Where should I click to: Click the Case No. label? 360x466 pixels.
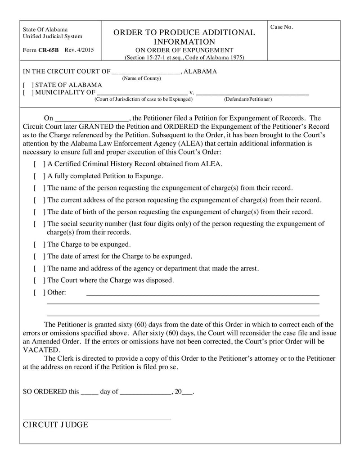tap(281, 27)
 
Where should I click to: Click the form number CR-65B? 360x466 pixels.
tap(48, 50)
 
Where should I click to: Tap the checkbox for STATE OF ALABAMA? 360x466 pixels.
tap(27, 85)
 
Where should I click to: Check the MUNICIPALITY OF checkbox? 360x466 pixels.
tap(27, 92)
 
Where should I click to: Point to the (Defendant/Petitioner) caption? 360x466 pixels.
tap(248, 99)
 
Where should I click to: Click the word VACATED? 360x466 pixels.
tap(41, 350)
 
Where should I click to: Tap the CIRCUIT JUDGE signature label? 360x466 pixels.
tap(55, 425)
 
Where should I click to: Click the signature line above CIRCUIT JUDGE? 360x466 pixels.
tap(97, 418)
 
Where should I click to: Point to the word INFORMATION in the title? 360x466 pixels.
tap(184, 42)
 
